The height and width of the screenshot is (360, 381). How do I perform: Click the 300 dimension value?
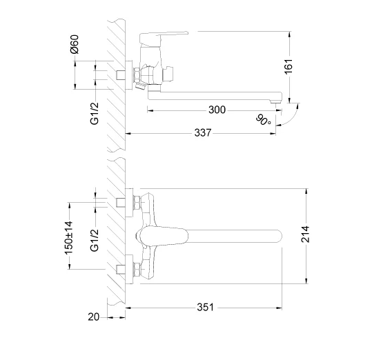coord(217,110)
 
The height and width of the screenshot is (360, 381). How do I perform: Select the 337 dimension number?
coord(203,133)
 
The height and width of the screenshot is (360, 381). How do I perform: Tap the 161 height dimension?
coord(289,66)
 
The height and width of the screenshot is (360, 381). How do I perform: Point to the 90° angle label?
coord(263,120)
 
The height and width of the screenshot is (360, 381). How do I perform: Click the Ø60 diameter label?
coord(75,44)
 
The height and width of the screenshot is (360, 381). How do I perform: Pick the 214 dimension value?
coord(306,234)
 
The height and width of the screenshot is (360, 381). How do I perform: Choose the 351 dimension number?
coord(205,308)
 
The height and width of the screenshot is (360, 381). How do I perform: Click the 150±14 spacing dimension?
coord(68,238)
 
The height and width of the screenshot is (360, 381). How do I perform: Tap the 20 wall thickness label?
coord(94,317)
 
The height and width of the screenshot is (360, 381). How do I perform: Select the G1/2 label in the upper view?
coord(95,113)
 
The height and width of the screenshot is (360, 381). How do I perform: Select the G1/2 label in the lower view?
coord(95,240)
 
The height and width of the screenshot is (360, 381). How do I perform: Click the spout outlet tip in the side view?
coord(276,101)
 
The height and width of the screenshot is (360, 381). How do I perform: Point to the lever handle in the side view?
coord(164,39)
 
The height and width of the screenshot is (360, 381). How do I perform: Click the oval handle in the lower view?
coord(162,236)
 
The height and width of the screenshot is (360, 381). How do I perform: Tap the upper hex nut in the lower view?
coord(137,203)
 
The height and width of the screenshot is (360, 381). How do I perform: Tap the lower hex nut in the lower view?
coord(137,269)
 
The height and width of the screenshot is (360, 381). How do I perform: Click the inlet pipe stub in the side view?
coord(121,75)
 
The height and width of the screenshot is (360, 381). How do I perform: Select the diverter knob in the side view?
coord(168,74)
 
